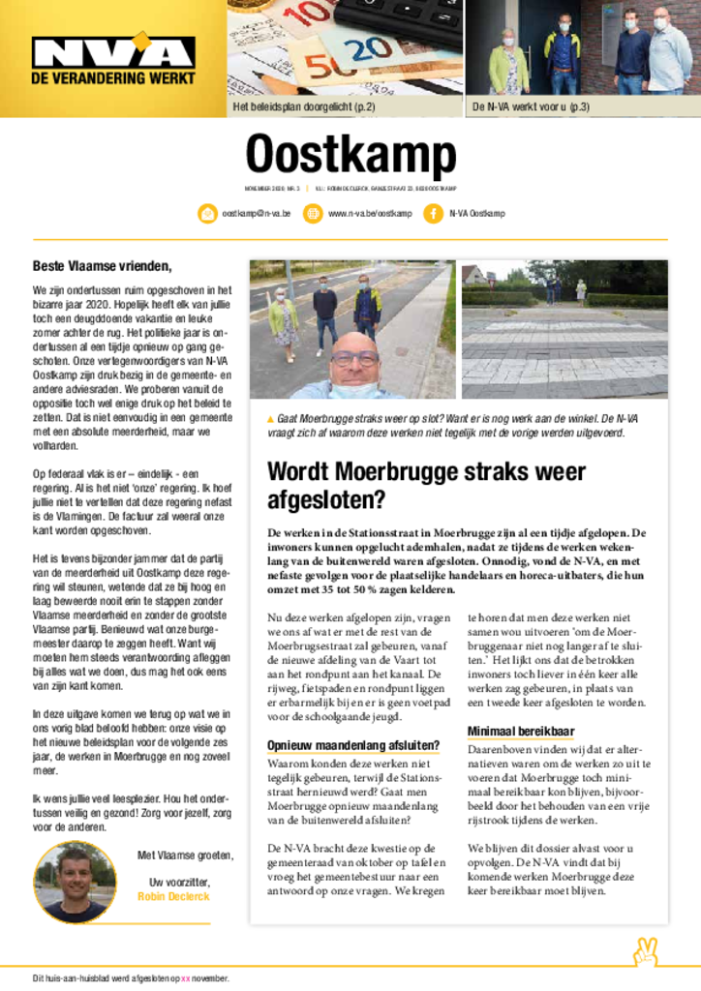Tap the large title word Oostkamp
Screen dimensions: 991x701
tap(350, 155)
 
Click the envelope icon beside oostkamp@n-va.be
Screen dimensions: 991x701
tap(206, 213)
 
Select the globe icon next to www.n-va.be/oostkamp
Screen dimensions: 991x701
tap(313, 213)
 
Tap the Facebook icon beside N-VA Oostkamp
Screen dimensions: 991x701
tap(433, 213)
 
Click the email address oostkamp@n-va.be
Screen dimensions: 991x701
tap(257, 213)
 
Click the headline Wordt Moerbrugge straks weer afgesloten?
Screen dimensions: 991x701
tap(426, 486)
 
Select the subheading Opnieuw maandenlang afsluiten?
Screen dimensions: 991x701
tap(353, 745)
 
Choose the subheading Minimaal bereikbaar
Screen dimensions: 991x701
tap(521, 731)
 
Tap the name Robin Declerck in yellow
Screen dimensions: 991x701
tap(174, 896)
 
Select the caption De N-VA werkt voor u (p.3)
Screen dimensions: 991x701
tap(531, 106)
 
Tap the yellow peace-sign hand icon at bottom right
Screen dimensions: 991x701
tap(645, 952)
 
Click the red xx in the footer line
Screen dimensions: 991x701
tap(186, 977)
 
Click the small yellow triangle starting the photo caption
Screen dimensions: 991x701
tap(271, 419)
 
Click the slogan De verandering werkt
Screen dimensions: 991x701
tap(112, 78)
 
